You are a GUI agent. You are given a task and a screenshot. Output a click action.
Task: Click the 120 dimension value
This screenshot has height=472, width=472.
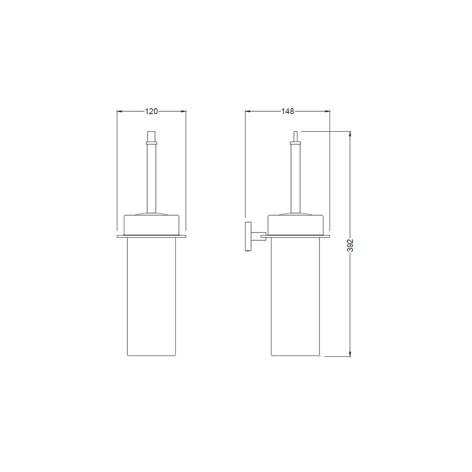(151, 111)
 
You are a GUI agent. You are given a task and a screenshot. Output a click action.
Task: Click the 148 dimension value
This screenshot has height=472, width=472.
(287, 111)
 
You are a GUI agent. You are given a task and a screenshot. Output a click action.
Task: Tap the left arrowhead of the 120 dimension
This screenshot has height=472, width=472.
(119, 111)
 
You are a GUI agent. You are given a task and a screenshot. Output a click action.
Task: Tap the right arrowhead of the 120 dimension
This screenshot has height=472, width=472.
(183, 111)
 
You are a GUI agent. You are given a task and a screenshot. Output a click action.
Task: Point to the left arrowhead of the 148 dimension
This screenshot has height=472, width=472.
(248, 111)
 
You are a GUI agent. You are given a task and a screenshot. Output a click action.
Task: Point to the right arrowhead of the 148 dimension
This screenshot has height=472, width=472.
(328, 111)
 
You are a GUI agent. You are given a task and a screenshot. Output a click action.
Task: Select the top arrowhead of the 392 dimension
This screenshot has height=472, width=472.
(350, 134)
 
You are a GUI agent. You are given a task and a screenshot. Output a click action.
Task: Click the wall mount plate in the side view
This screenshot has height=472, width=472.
(248, 237)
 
